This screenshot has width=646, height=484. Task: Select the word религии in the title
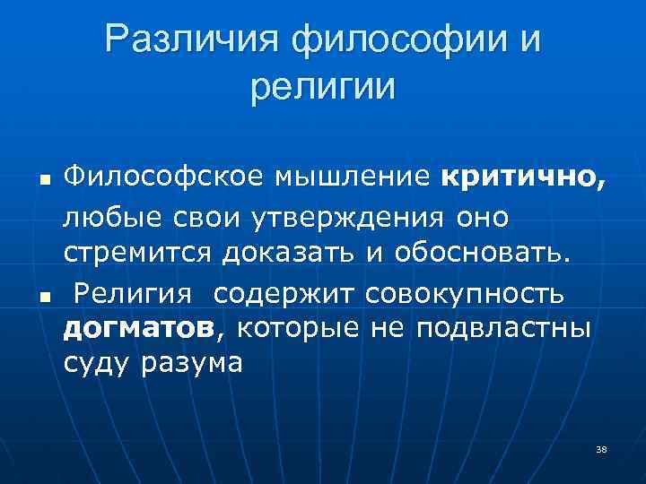coord(323,87)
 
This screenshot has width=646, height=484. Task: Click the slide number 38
coord(600,448)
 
